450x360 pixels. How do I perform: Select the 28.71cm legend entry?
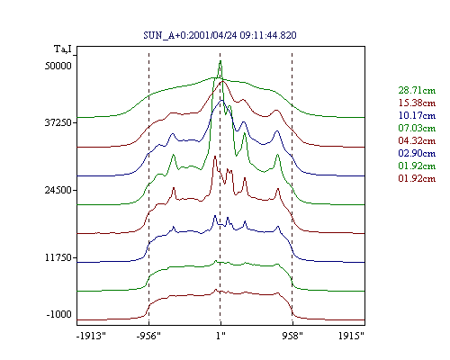click(x=417, y=90)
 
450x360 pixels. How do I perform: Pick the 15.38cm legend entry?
click(x=417, y=103)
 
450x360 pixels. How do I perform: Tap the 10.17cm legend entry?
click(x=417, y=115)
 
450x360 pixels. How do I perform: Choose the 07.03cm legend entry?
click(x=417, y=128)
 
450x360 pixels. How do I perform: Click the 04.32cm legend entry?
click(x=417, y=140)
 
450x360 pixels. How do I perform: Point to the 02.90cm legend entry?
click(x=417, y=153)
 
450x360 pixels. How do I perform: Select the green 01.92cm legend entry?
click(x=417, y=166)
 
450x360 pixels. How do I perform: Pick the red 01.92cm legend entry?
click(x=417, y=178)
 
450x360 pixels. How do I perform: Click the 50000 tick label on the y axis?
click(x=58, y=66)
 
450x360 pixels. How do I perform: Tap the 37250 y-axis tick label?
click(x=58, y=122)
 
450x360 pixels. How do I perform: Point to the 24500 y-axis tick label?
click(x=58, y=190)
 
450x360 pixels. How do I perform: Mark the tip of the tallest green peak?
click(x=220, y=61)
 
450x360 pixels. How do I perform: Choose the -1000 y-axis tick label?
click(x=59, y=314)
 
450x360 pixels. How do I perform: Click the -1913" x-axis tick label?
click(x=91, y=336)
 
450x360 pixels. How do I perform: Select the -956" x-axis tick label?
click(x=148, y=336)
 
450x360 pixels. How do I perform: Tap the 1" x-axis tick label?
click(x=220, y=336)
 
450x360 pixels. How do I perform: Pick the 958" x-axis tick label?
click(x=292, y=336)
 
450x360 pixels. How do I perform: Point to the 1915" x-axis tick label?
click(x=351, y=336)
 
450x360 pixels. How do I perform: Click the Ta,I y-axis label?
click(x=63, y=49)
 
